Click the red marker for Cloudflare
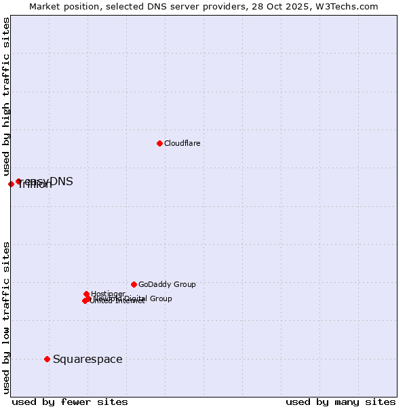pos(159,143)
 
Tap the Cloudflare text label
pos(182,144)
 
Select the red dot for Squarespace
pos(47,359)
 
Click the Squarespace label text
pos(88,360)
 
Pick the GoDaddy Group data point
pos(134,284)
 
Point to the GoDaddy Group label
pos(167,285)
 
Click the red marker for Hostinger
pos(86,294)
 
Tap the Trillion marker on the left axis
pos(11,184)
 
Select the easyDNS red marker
pos(18,182)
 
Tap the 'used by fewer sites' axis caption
pos(70,402)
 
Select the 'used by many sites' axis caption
pos(341,402)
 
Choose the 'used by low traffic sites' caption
pos(7,317)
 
